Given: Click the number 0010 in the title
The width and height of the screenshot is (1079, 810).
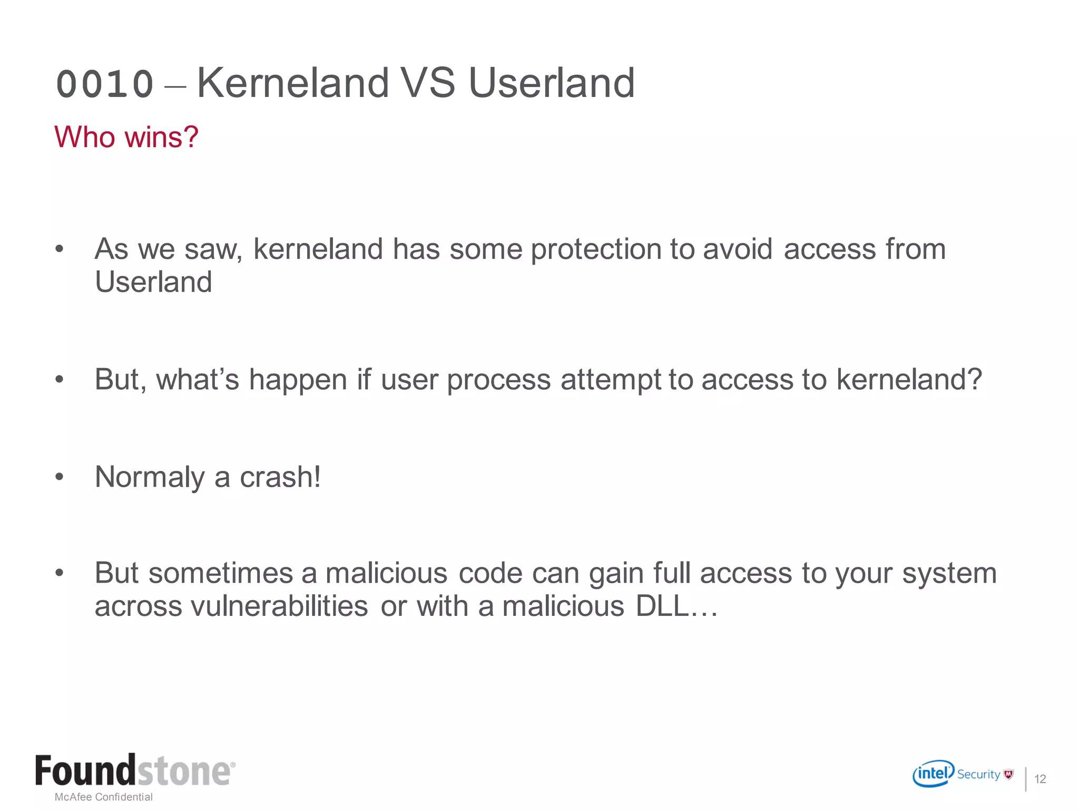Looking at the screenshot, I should (105, 84).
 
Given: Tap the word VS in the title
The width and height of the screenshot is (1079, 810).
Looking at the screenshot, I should (427, 83).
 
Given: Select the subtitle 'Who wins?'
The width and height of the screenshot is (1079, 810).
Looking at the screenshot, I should (126, 137).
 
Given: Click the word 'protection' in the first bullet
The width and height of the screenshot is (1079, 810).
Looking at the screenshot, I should (595, 249).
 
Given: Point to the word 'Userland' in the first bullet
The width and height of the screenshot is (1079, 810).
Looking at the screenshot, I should (153, 282).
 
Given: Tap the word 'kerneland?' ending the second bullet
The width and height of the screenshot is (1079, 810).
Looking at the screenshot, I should (909, 379).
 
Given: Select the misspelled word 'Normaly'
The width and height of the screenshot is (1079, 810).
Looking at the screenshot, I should (150, 478).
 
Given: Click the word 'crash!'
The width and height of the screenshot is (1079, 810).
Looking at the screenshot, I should (280, 477).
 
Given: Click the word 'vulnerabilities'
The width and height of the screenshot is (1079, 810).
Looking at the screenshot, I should (279, 606).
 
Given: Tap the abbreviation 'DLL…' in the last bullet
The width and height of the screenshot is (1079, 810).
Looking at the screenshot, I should (676, 606).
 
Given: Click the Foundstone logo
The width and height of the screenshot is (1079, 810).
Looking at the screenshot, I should (135, 770).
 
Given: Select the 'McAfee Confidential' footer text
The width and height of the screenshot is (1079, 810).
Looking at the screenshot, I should (104, 797).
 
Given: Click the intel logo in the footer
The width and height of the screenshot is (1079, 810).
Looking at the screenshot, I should (933, 774).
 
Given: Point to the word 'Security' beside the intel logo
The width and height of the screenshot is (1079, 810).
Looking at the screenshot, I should (978, 774).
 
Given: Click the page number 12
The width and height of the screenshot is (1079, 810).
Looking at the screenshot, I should (1040, 779).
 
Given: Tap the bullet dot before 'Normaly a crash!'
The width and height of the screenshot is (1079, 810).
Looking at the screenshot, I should (60, 477).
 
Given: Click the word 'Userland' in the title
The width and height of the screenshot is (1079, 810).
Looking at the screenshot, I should (551, 83).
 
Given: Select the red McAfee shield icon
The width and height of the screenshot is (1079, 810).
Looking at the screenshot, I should (1008, 774).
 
